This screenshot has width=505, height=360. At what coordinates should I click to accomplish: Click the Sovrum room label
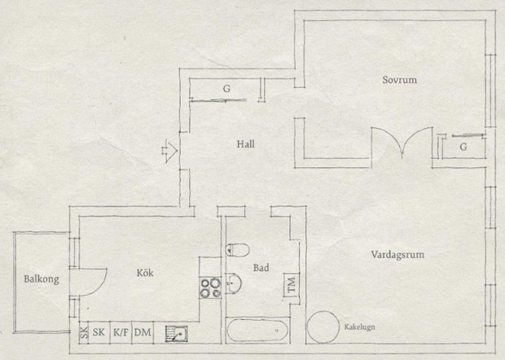point(399,80)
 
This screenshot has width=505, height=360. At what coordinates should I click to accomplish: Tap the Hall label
point(246,144)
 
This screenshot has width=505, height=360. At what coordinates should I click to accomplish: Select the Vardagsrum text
point(397,255)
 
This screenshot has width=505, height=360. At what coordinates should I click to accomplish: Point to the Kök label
point(145,273)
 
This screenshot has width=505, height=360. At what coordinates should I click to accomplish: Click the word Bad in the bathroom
point(261,268)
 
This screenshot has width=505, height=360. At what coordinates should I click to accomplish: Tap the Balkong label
point(42,279)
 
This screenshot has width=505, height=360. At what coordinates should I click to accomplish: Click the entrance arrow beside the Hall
point(169,151)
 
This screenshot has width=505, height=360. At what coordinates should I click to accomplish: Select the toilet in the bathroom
point(238,250)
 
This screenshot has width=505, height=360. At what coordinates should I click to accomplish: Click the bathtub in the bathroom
point(257,331)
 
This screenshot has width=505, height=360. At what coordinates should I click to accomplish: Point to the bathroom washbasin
point(234,283)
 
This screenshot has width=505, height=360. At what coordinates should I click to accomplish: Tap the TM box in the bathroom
point(291,285)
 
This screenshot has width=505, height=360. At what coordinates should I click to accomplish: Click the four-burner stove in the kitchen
point(211,288)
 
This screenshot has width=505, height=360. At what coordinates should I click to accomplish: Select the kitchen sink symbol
point(177,333)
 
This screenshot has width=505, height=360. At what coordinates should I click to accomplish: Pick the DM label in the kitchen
point(143,332)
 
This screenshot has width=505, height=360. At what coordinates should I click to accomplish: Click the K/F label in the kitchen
point(121,332)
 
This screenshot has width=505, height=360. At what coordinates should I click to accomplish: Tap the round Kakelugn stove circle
point(323,327)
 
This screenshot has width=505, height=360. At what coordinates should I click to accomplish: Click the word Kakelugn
point(359,327)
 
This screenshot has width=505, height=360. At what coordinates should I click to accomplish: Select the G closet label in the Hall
point(226,89)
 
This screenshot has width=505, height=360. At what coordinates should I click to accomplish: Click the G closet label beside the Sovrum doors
point(463,147)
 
